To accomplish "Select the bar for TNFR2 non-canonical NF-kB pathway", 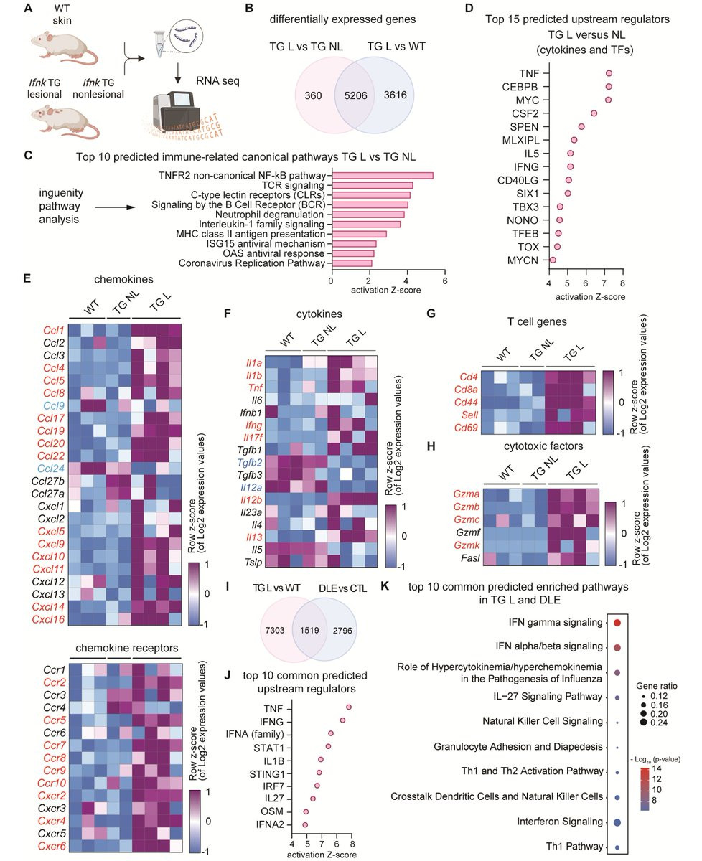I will (x=381, y=176).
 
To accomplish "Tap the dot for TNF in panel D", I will (x=609, y=73).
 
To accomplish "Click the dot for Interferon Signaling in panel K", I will (x=617, y=822).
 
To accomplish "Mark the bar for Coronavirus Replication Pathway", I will (x=351, y=264).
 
